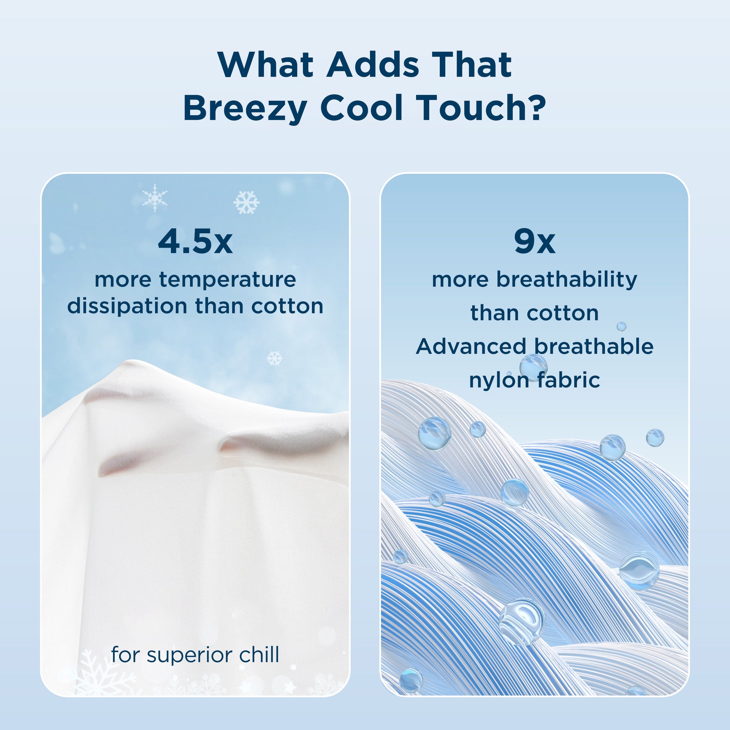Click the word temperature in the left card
(227, 280)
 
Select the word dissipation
(127, 306)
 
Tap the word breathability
(566, 280)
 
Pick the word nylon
(499, 380)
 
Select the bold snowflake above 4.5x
(246, 203)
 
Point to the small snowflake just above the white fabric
(274, 358)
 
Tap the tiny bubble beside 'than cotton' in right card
(622, 326)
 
